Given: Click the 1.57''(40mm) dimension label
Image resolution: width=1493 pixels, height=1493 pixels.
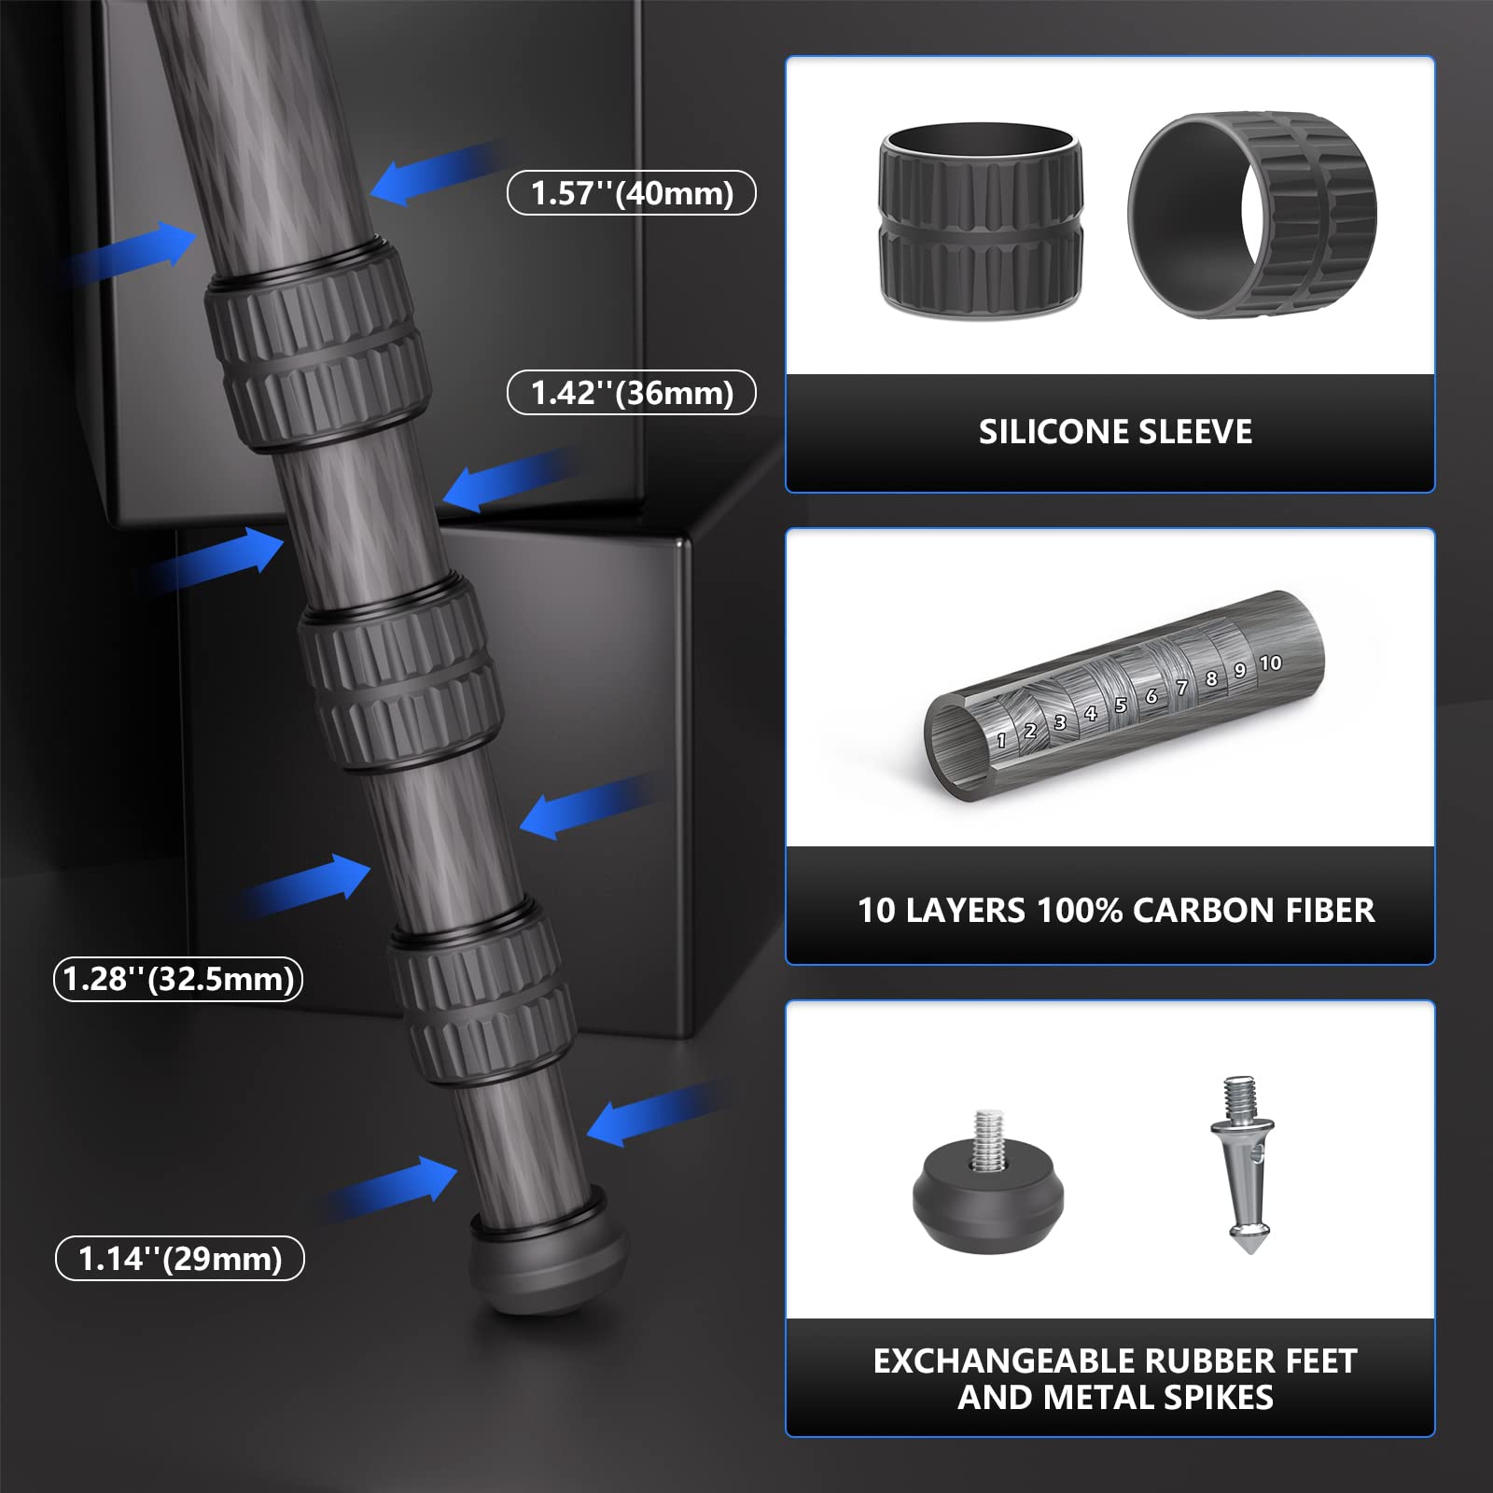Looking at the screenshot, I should click(632, 193).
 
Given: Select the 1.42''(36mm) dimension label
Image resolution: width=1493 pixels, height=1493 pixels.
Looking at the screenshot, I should click(632, 393).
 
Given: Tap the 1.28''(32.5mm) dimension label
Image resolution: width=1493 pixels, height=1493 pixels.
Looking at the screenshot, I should click(178, 979).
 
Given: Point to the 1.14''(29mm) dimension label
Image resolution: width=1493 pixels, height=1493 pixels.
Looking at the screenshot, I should click(180, 1258).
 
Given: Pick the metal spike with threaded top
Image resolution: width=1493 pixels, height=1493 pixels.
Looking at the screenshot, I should click(1243, 1166).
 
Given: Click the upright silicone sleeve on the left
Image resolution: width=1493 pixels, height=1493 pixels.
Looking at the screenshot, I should click(981, 220).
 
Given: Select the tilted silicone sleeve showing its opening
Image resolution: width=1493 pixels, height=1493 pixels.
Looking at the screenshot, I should click(1252, 216).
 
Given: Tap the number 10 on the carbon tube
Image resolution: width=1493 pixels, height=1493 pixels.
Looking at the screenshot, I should click(1270, 663).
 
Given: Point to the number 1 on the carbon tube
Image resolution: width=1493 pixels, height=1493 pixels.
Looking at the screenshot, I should click(1001, 741).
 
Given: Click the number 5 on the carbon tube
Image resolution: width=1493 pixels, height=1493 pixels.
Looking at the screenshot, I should click(1121, 705).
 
